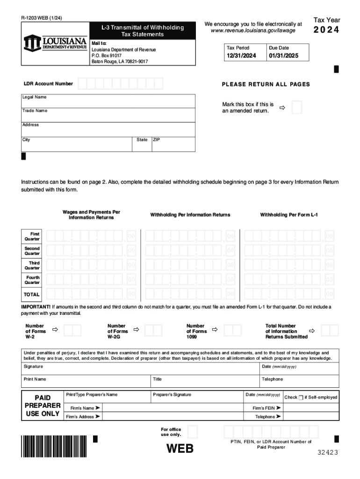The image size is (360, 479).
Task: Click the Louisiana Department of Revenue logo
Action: point(55,43)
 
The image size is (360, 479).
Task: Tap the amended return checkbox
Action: point(296,107)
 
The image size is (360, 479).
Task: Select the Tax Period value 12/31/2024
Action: point(242,56)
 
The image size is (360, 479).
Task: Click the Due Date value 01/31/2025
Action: point(282,56)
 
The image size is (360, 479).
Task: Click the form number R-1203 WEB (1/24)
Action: point(42,18)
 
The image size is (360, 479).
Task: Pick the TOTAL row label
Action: point(32,295)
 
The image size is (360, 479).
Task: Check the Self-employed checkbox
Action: point(301,398)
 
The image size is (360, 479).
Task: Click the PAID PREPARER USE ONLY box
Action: point(42,406)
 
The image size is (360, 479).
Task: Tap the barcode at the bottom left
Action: point(54,446)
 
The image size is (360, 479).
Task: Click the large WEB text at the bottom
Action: point(180,449)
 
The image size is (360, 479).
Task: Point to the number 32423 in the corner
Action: point(327,452)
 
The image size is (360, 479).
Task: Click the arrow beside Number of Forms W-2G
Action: point(137,330)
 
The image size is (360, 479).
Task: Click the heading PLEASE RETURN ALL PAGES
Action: point(266,84)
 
